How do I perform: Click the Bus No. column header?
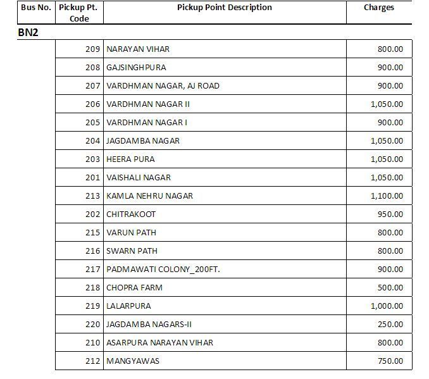point(35,8)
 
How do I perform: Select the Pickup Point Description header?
point(224,8)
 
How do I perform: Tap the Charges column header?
point(378,8)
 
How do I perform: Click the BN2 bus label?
point(28,32)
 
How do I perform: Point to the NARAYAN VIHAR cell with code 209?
point(138,49)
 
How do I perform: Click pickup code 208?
point(92,68)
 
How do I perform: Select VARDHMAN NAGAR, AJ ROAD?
point(163,86)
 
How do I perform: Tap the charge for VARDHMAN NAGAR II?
point(387,104)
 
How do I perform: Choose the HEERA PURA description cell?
point(130,159)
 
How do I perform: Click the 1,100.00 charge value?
point(387,196)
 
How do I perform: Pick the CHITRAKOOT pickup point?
point(131,214)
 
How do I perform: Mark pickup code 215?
point(92,233)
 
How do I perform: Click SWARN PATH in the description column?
point(132,251)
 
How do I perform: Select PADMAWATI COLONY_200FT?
point(163,270)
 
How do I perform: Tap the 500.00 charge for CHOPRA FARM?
point(390,288)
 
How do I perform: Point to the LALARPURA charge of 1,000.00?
point(387,306)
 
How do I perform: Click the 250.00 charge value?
point(390,325)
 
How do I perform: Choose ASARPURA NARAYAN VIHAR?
point(159,343)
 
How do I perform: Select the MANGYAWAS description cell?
point(133,361)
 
